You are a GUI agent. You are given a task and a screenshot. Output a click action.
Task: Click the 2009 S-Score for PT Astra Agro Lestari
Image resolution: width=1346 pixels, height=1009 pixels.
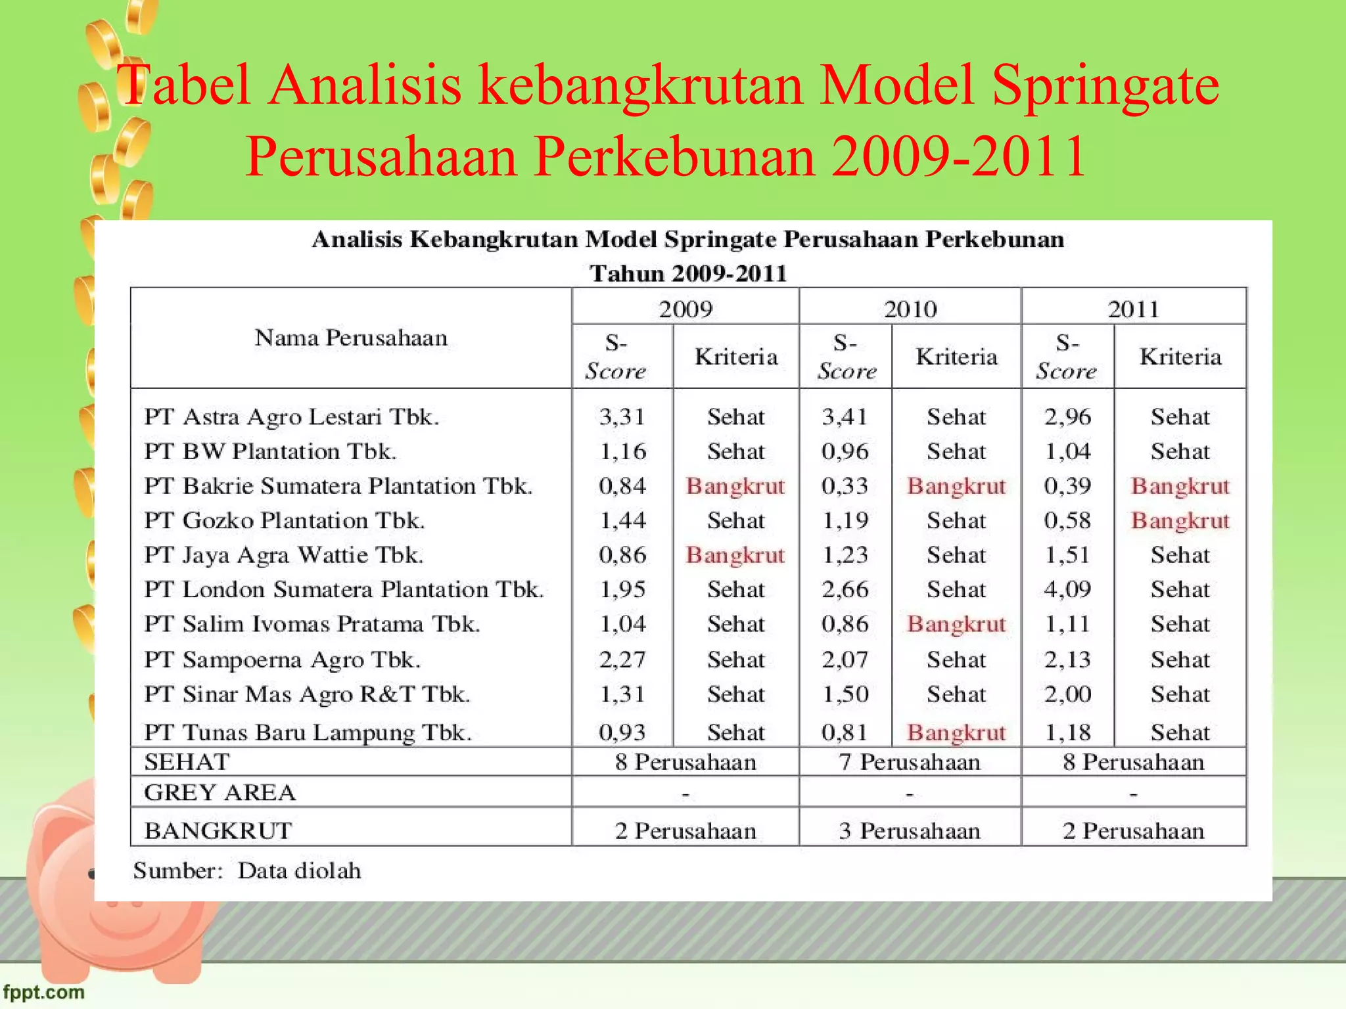(x=622, y=417)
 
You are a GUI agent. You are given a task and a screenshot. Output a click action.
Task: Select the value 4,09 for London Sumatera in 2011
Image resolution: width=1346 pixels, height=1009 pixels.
(x=1067, y=589)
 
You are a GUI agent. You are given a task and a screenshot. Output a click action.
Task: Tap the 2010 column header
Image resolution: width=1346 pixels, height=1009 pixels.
(x=910, y=309)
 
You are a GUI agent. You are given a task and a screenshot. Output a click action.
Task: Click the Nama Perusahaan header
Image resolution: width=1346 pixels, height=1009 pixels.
(x=351, y=338)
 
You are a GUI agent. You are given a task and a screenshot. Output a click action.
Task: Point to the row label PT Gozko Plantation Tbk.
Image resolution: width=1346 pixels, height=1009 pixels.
(x=285, y=520)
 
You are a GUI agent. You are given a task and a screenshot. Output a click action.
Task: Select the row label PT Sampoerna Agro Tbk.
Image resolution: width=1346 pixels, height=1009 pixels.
(x=283, y=660)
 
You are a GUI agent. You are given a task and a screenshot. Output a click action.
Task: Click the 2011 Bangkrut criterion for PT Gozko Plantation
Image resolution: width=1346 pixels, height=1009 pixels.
(x=1180, y=520)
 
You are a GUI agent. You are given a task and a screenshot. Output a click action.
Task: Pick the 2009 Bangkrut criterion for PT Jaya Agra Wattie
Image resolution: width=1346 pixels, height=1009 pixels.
(x=735, y=555)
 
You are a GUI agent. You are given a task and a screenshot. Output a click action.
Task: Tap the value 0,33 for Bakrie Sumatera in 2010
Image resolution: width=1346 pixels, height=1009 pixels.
(x=845, y=486)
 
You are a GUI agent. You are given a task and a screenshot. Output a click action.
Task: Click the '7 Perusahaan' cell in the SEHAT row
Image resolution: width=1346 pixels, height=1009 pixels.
(x=910, y=762)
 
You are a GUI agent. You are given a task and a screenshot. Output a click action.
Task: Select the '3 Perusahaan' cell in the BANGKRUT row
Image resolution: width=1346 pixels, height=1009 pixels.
(x=910, y=831)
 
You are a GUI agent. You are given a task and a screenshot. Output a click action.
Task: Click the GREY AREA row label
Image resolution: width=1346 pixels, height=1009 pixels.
(x=220, y=793)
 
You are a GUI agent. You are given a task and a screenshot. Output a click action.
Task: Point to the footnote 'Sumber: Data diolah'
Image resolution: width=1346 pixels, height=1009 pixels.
(x=247, y=871)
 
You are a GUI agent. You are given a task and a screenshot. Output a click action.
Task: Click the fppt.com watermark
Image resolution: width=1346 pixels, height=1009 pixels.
(x=44, y=991)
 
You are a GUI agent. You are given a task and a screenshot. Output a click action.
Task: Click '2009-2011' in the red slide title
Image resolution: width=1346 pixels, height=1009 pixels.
(x=959, y=156)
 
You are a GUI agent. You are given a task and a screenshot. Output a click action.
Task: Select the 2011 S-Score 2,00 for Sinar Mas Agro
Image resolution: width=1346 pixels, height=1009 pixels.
(x=1067, y=694)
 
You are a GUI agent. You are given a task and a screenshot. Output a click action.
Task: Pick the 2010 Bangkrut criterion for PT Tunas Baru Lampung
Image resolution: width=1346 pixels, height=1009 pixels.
(x=956, y=732)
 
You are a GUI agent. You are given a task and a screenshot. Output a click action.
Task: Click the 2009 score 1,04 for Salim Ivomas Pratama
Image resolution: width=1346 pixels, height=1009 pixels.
(x=622, y=624)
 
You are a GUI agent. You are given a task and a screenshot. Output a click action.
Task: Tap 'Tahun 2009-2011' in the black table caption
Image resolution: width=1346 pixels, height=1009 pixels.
(x=688, y=273)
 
